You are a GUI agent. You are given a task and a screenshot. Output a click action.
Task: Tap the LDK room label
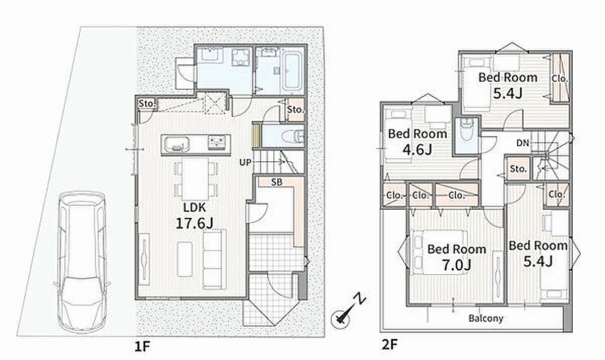click(x=195, y=207)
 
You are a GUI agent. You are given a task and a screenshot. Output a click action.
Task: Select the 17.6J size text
click(x=195, y=223)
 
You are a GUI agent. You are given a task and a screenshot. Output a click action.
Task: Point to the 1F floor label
click(x=142, y=346)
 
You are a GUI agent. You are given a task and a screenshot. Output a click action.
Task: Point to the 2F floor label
click(x=389, y=344)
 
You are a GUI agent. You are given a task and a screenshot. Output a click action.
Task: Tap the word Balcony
click(x=486, y=319)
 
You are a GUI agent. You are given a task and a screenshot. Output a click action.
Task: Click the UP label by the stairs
click(x=245, y=162)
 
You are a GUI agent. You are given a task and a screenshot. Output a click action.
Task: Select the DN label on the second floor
click(x=523, y=143)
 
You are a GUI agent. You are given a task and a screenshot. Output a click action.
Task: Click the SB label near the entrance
click(x=277, y=183)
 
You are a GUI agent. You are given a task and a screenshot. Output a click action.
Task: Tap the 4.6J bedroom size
click(x=417, y=150)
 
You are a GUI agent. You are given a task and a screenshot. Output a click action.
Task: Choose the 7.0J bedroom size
click(x=456, y=265)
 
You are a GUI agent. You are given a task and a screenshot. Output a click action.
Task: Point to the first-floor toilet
click(x=293, y=136)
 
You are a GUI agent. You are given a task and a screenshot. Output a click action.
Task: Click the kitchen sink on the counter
click(x=177, y=145)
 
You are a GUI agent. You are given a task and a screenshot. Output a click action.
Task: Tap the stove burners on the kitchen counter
click(x=217, y=143)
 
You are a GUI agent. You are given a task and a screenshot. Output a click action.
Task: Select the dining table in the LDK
click(x=195, y=179)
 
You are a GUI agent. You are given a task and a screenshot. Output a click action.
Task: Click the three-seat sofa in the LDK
click(x=214, y=260)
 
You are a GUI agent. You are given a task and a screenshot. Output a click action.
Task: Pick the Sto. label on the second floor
click(x=518, y=169)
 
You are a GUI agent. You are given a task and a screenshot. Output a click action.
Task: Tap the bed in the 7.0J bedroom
click(x=439, y=252)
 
